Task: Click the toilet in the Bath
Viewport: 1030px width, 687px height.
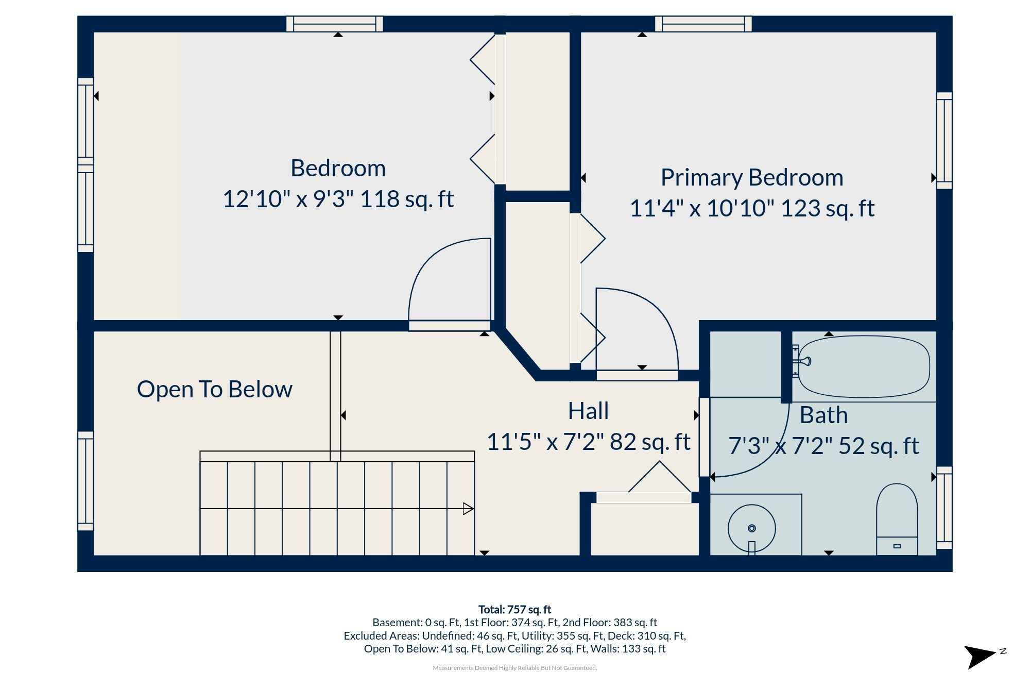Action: pos(897,520)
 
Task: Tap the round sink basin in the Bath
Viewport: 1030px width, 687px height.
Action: pos(751,528)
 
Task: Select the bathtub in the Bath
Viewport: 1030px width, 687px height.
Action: pos(864,366)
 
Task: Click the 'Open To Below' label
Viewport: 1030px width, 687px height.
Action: pos(214,389)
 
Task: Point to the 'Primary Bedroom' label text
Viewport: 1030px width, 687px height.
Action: pos(752,177)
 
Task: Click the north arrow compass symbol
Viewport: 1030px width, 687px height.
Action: pos(984,657)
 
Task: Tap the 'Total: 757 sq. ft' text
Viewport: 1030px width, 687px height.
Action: pos(514,610)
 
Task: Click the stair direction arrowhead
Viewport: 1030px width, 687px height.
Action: pos(468,509)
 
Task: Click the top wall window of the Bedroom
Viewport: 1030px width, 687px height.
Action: pos(335,24)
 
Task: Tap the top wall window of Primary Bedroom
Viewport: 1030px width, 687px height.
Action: pos(703,24)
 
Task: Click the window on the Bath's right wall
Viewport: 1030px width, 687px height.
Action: pos(944,508)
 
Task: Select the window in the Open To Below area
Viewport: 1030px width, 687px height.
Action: pos(86,481)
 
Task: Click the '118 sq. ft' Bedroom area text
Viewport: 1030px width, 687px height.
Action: pos(407,199)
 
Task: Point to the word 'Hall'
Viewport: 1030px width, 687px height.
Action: pos(588,411)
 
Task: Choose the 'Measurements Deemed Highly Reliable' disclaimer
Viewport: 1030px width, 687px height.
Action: pos(514,668)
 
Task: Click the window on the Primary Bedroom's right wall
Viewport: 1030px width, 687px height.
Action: pos(944,141)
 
